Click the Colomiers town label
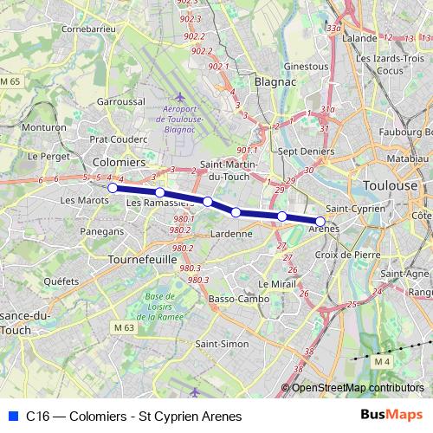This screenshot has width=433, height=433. [x=119, y=162]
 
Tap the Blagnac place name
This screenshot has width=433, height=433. [x=275, y=81]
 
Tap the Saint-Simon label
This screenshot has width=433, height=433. [x=223, y=344]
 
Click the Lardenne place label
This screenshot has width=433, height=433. [x=231, y=233]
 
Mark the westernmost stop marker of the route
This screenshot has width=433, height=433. [x=112, y=187]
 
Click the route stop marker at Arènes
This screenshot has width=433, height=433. [x=320, y=222]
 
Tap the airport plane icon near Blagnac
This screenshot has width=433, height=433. [x=180, y=96]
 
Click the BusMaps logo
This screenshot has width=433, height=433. [x=391, y=416]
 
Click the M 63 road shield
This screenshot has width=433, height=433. [x=125, y=328]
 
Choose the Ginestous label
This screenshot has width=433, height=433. [x=306, y=66]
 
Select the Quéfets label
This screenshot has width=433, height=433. [x=61, y=281]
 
